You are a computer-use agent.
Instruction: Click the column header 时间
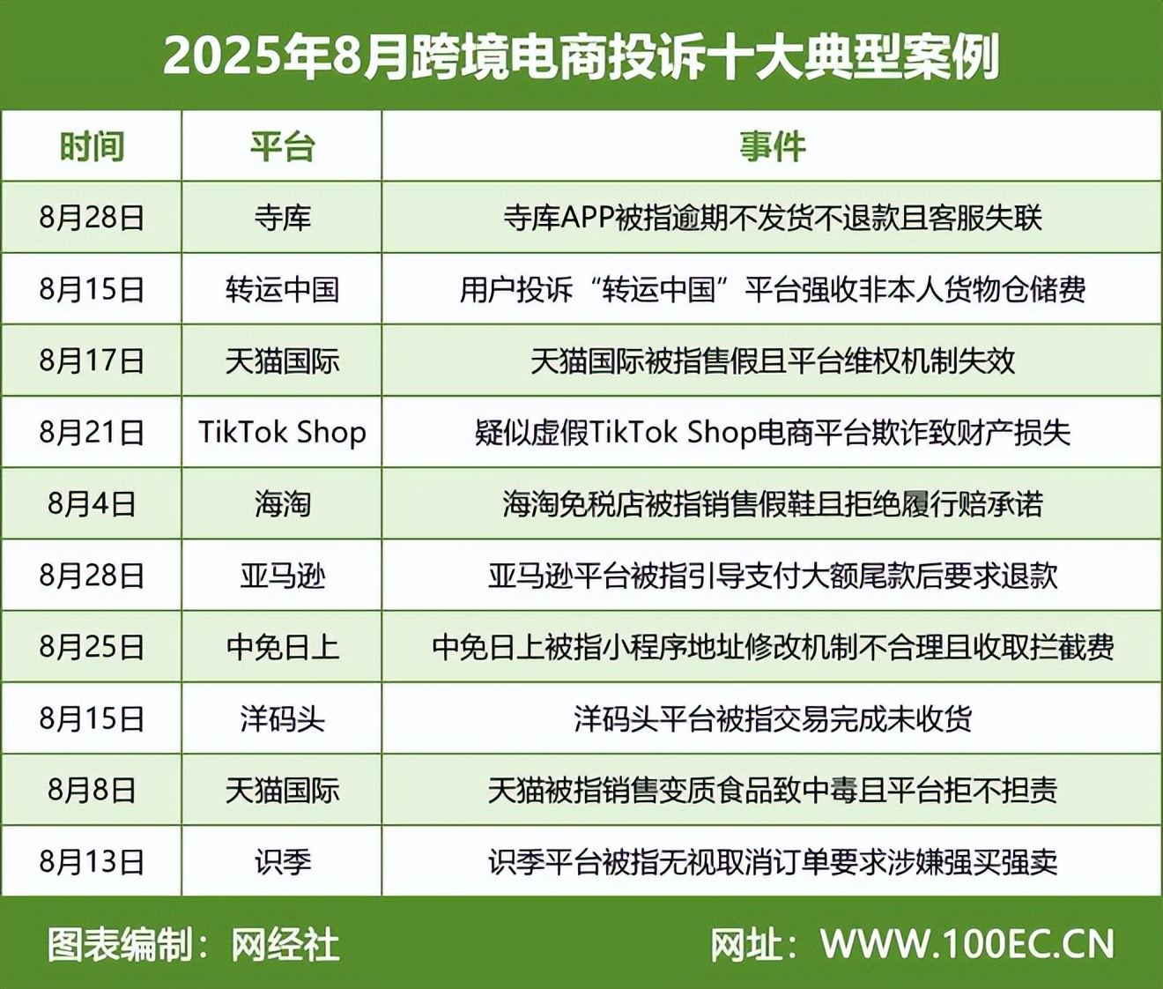point(92,147)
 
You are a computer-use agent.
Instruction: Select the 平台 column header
point(282,147)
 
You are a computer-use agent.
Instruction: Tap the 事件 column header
point(773,147)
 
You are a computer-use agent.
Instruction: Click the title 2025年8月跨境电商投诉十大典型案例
point(581,56)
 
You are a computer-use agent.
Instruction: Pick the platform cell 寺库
point(283,219)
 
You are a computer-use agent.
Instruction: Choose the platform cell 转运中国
point(283,290)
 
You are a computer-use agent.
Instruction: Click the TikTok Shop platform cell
point(283,432)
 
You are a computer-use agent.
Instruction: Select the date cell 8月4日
point(92,504)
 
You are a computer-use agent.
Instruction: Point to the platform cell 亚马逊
point(283,576)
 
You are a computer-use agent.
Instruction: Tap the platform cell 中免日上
point(283,647)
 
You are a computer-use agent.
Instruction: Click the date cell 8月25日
point(92,647)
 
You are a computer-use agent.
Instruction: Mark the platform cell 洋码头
point(283,718)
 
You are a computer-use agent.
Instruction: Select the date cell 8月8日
point(92,791)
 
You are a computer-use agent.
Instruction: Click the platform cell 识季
point(283,862)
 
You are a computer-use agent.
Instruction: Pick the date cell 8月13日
point(92,862)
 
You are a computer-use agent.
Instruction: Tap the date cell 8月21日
point(92,432)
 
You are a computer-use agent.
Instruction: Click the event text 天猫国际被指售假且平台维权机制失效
point(773,361)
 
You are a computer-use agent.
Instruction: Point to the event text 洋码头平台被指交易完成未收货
point(773,718)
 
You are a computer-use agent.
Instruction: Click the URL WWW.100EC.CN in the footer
point(967,944)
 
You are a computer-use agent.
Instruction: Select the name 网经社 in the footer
point(285,945)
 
